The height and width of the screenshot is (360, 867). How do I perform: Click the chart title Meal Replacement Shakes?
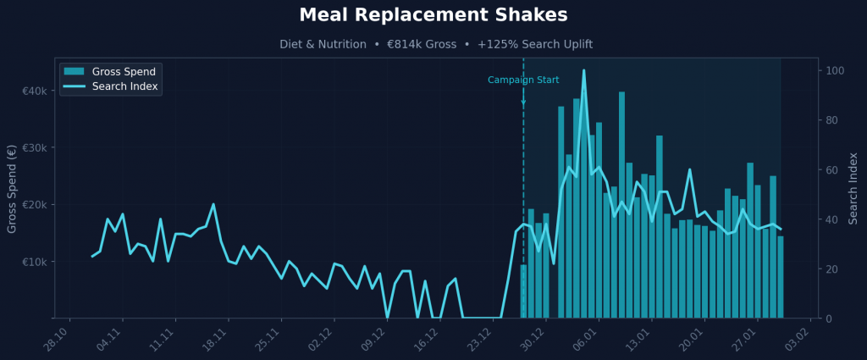point(433,15)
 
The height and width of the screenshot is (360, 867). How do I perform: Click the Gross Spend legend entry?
point(124,71)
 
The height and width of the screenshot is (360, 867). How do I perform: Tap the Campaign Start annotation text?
point(523,80)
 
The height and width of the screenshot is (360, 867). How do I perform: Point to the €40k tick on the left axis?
point(33,91)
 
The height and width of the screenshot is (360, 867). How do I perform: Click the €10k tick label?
point(33,262)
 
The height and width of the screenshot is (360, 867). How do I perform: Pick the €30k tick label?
point(33,147)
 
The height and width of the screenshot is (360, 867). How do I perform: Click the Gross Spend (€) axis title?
point(12,188)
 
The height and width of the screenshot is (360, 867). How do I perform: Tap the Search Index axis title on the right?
point(853,188)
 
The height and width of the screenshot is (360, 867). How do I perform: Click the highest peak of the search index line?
point(583,71)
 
